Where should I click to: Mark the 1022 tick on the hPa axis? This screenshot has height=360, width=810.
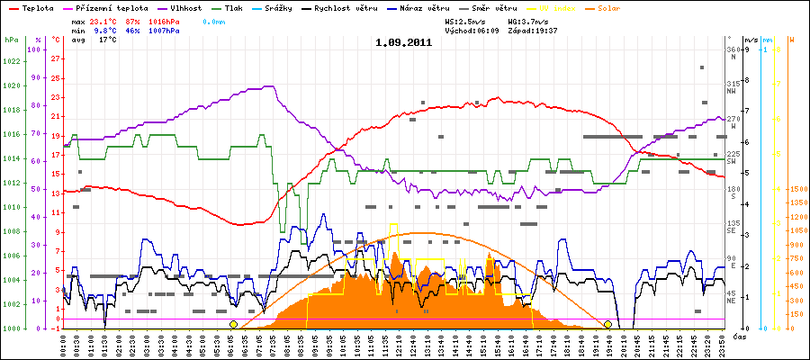[12, 61]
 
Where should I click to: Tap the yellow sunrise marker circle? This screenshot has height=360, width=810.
[233, 324]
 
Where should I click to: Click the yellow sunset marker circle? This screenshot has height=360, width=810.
[608, 324]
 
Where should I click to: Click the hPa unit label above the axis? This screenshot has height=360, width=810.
[11, 40]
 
